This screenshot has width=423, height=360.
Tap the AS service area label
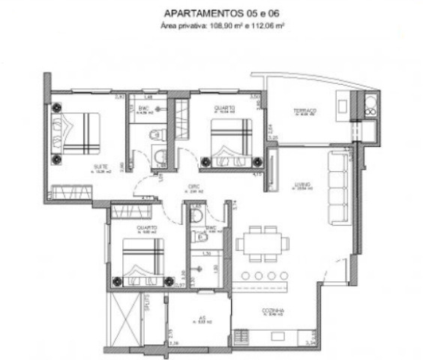[x=201, y=318]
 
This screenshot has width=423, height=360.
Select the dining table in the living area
[x=260, y=244]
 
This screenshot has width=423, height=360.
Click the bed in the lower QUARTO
[x=142, y=262]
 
